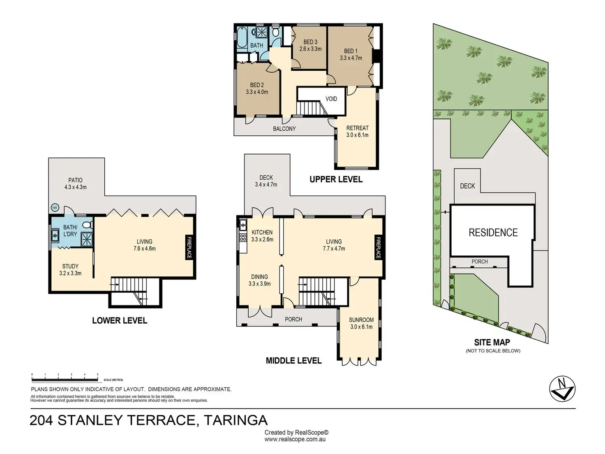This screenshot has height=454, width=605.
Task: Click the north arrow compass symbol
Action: point(562,389)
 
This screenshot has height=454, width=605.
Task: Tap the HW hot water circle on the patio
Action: point(55,208)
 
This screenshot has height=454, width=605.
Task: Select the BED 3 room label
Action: point(310,42)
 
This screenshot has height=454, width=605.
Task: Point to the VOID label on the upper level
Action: point(331,99)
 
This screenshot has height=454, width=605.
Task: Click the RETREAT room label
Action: point(357,128)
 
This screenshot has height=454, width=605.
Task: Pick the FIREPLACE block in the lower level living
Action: point(189,247)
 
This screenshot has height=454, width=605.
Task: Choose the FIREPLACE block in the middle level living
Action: point(378,247)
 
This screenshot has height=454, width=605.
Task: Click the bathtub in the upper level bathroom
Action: point(242,37)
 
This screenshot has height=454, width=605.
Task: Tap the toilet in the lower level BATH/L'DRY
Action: point(88,225)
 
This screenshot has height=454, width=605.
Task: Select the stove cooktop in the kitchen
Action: point(243,237)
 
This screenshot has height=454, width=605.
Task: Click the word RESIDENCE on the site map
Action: point(493,232)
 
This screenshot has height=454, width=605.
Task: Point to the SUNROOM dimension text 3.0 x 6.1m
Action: point(361,327)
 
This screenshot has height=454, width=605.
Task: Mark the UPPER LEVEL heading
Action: point(336,179)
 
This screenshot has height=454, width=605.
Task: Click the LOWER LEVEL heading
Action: point(120,320)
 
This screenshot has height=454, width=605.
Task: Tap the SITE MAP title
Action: point(492,342)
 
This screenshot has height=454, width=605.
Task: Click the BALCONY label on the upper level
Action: point(284,128)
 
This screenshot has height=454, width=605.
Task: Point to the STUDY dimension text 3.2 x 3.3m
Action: point(70,273)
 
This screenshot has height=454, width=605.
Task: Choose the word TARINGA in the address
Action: point(236,420)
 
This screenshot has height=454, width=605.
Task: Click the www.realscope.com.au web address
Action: point(295,439)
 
